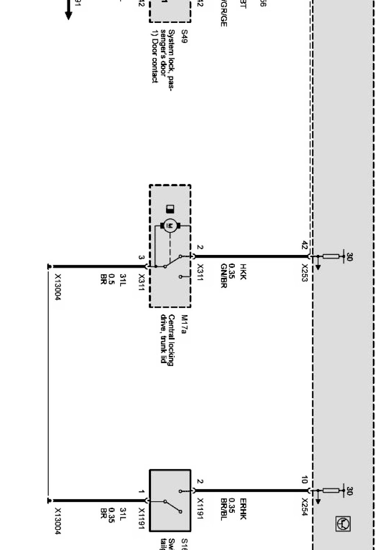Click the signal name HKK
click(243, 271)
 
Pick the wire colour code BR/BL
click(223, 509)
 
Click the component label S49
click(184, 36)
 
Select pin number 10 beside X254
click(304, 480)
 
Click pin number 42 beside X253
click(304, 245)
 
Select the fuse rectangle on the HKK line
click(331, 257)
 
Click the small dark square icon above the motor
click(170, 209)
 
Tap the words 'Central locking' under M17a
click(171, 340)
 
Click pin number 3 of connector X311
click(141, 257)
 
